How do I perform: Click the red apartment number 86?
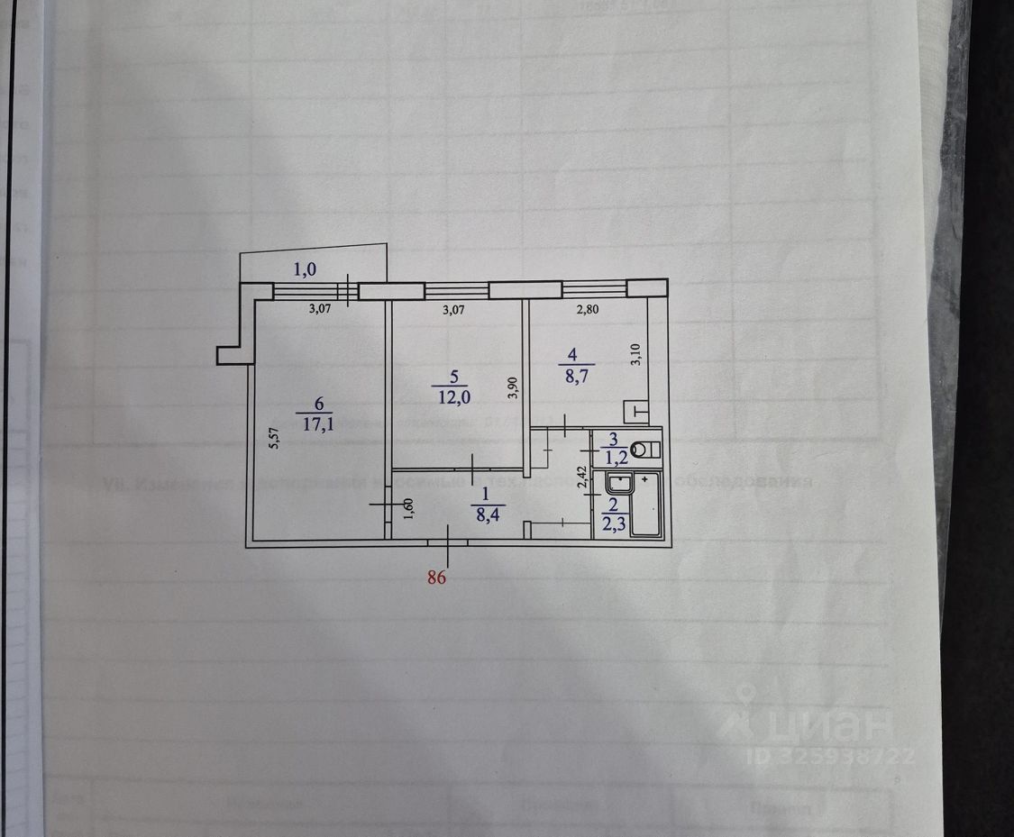pos(436,579)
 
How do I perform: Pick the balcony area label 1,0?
pos(307,268)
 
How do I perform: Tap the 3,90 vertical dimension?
pos(512,387)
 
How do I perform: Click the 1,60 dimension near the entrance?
pos(408,510)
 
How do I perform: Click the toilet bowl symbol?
pos(645,448)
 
